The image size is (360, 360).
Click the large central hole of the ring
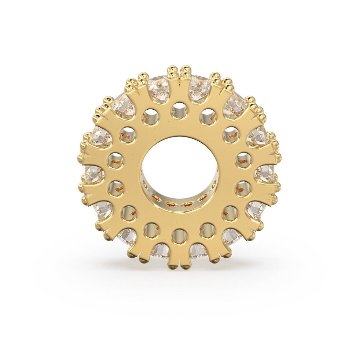coord(180,165)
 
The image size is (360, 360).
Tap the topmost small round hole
coord(179,111)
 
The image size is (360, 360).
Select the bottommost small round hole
coord(179,236)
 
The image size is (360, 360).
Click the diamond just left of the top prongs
coord(159,88)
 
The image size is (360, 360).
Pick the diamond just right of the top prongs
coord(199,88)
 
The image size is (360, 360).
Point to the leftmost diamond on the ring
coord(94,174)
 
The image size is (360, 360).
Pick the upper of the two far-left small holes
coord(115,161)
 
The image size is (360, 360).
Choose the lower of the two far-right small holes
coord(243,188)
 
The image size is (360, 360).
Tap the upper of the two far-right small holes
coord(243,160)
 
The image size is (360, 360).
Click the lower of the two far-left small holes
coord(116,188)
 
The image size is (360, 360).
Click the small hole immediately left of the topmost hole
coord(151,117)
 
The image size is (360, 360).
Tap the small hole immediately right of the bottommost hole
coord(207,231)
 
